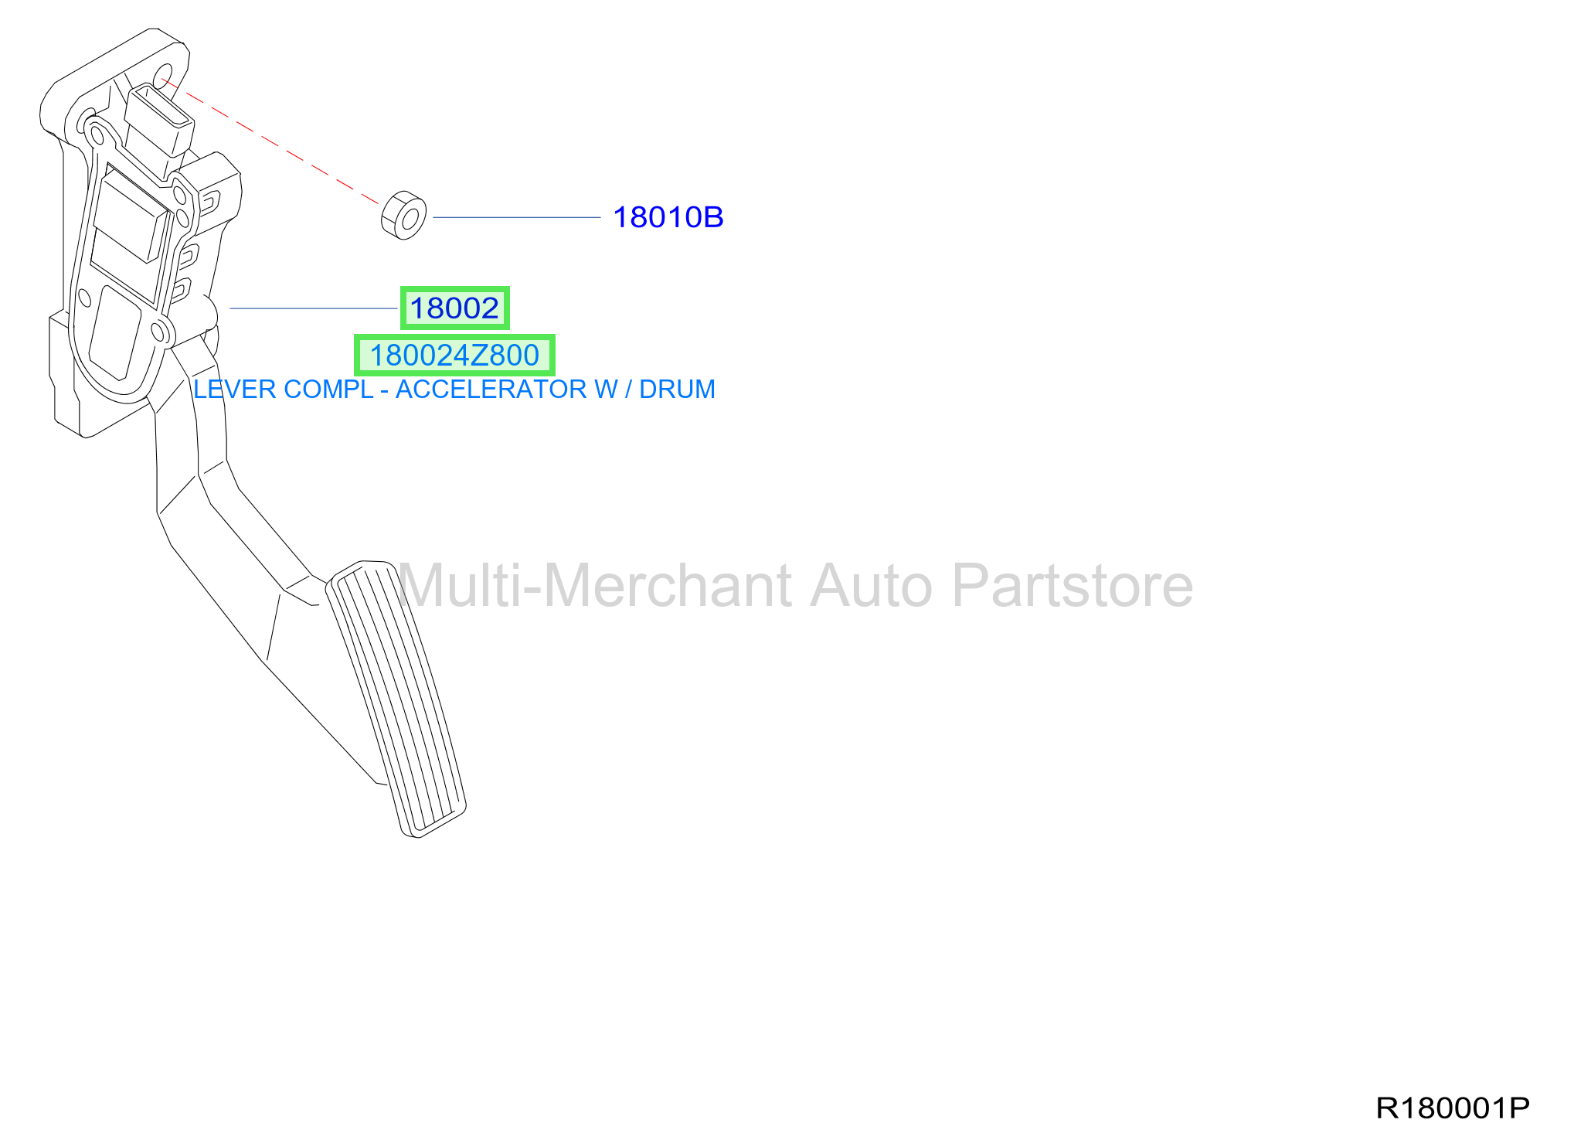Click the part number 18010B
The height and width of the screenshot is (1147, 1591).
pyautogui.click(x=668, y=218)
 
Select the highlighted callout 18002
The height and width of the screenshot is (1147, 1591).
pyautogui.click(x=454, y=308)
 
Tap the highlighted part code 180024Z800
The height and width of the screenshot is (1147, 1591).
pyautogui.click(x=454, y=356)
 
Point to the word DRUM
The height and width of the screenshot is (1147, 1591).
pyautogui.click(x=677, y=390)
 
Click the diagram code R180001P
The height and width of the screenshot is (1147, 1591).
pyautogui.click(x=1453, y=1108)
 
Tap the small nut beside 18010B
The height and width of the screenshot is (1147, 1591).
pyautogui.click(x=403, y=215)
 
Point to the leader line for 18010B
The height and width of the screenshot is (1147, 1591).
pyautogui.click(x=517, y=217)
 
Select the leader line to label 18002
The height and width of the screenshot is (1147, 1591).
pyautogui.click(x=313, y=308)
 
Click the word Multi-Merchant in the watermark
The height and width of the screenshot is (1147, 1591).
pyautogui.click(x=595, y=586)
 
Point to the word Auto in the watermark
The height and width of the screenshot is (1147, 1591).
pyautogui.click(x=872, y=586)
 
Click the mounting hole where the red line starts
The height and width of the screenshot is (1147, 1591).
pyautogui.click(x=164, y=77)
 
